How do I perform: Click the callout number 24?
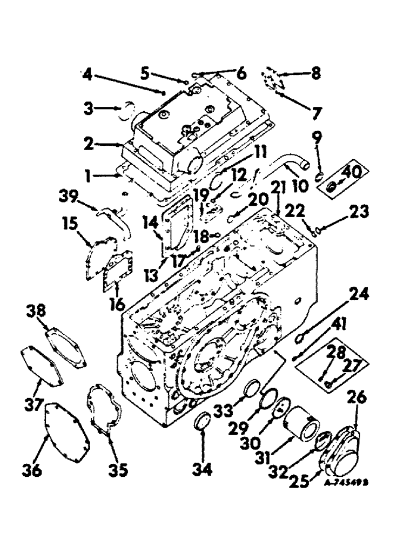(358, 295)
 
